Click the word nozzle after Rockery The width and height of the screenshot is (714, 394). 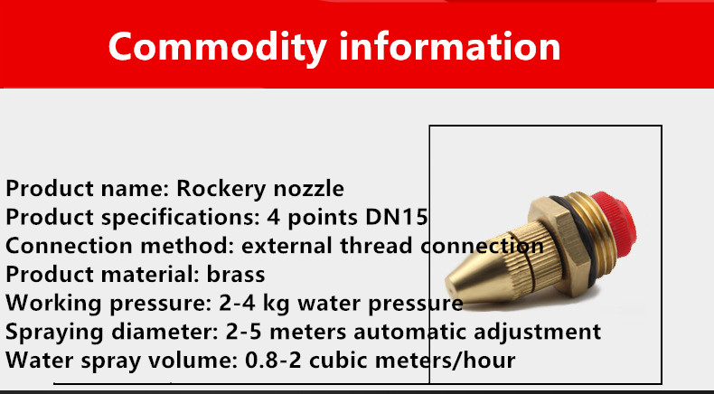tap(305, 189)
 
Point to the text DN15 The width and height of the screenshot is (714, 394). tap(396, 217)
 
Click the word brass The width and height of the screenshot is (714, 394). tap(236, 274)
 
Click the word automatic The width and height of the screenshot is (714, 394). tap(409, 332)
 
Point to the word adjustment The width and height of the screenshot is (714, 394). tap(538, 333)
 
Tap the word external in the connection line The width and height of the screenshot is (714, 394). tap(287, 246)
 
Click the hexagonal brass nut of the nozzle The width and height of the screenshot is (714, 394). tap(555, 246)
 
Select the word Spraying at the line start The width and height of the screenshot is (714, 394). tap(54, 333)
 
